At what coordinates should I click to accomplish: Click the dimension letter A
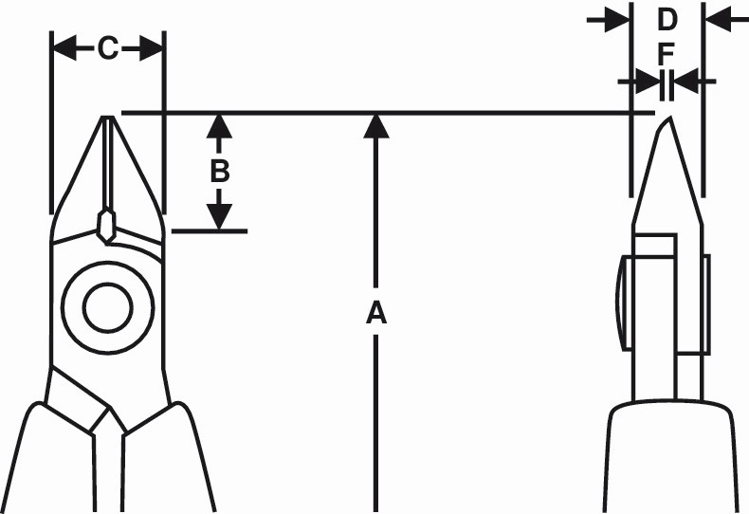pyautogui.click(x=376, y=312)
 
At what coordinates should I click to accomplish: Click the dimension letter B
pyautogui.click(x=219, y=172)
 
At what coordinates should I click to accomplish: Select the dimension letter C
pyautogui.click(x=108, y=48)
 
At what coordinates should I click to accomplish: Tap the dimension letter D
pyautogui.click(x=667, y=19)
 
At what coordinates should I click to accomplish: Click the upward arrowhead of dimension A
pyautogui.click(x=376, y=126)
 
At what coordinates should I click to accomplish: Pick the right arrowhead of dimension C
pyautogui.click(x=152, y=48)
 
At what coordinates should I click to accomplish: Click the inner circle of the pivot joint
pyautogui.click(x=107, y=306)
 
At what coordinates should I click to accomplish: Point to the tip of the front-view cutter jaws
pyautogui.click(x=108, y=119)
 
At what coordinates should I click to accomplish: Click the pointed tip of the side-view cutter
pyautogui.click(x=667, y=120)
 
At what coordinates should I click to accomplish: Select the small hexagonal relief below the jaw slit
pyautogui.click(x=107, y=224)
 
